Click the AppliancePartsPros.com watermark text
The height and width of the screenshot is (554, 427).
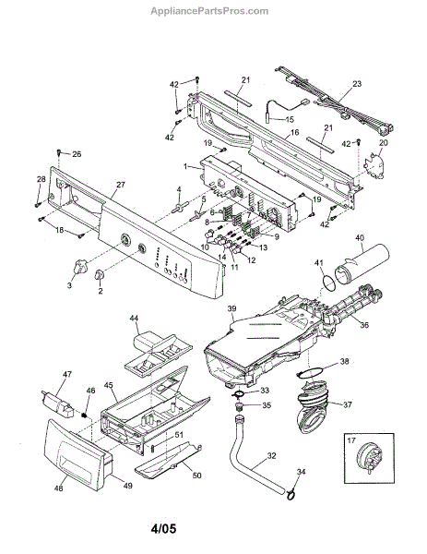[209, 11]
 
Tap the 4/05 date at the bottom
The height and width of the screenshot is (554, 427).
[163, 529]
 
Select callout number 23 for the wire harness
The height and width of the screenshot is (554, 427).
[357, 84]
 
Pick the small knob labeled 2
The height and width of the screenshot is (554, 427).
[100, 275]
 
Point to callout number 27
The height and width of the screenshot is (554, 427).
[120, 185]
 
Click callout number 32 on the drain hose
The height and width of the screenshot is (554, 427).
[271, 456]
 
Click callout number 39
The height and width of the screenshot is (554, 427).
[231, 308]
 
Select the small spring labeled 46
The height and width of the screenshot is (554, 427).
[84, 415]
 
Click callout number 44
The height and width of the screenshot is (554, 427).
[134, 319]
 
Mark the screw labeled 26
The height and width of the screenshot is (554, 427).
[59, 152]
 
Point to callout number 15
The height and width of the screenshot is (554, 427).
[289, 119]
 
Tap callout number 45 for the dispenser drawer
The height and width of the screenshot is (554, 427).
[109, 384]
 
